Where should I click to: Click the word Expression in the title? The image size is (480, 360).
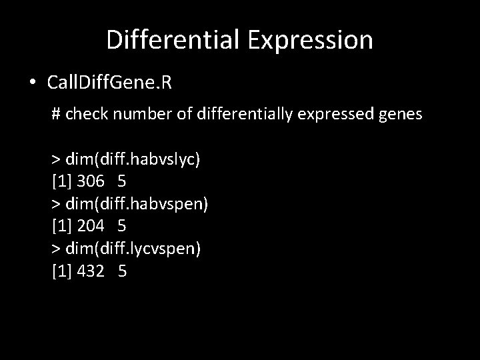point(311,40)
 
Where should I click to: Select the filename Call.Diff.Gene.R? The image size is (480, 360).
point(109,83)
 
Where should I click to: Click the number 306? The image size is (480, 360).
point(91,181)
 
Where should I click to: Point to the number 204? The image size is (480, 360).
point(91,227)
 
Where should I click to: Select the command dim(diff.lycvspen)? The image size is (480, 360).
point(137,249)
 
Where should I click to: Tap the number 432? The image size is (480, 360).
point(91,271)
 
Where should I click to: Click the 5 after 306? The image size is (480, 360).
point(122,181)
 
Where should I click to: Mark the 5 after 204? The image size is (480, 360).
point(122,227)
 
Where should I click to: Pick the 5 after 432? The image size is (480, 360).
point(122,271)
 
